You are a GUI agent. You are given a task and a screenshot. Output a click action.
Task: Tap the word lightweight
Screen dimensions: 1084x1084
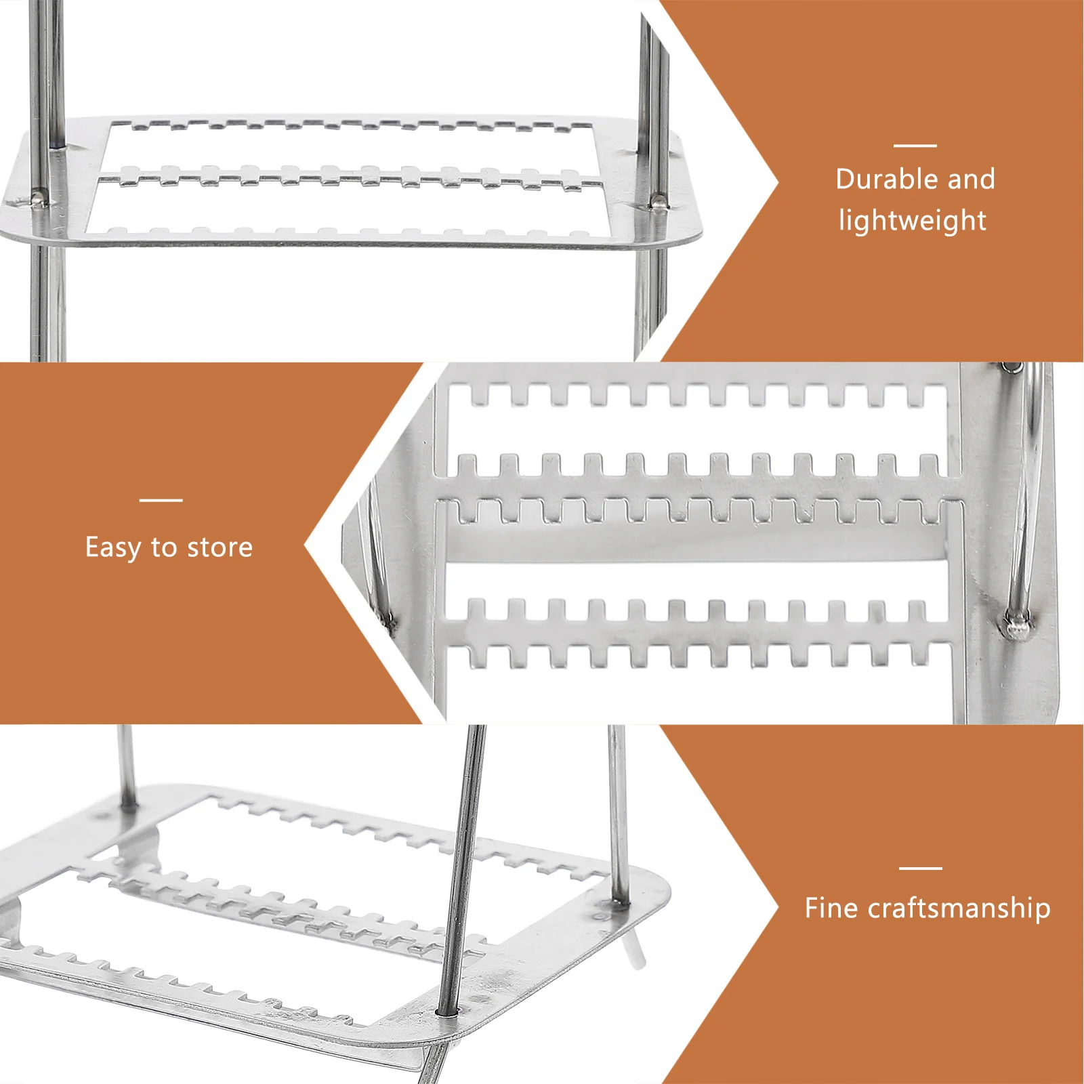point(912,221)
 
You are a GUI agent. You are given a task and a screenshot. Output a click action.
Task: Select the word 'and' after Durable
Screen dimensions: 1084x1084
point(971,180)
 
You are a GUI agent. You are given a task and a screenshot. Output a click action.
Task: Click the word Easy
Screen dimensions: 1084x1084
point(112,547)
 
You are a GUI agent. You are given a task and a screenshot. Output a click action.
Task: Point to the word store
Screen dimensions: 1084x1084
point(220,547)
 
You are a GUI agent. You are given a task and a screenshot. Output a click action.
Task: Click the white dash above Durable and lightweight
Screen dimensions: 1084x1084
point(915,145)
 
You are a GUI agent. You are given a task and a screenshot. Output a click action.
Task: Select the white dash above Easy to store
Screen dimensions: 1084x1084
point(161,500)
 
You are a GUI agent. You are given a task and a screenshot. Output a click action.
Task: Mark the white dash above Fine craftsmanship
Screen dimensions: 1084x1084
point(920,868)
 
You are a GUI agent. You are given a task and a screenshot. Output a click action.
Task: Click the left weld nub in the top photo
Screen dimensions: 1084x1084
point(39,198)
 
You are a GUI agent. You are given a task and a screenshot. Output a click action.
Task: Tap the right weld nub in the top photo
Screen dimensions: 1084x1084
point(658,201)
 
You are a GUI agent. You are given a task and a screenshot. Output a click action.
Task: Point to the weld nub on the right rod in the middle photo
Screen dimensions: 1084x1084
point(1016,625)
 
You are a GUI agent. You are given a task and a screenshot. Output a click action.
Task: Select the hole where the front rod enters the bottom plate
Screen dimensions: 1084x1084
point(446,1013)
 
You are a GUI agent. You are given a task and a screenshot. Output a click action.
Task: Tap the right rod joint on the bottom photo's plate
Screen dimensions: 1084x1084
point(619,901)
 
